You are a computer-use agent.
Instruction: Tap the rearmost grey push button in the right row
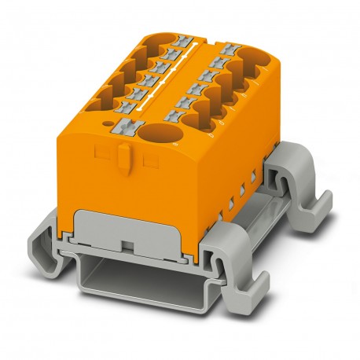click(230, 50)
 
